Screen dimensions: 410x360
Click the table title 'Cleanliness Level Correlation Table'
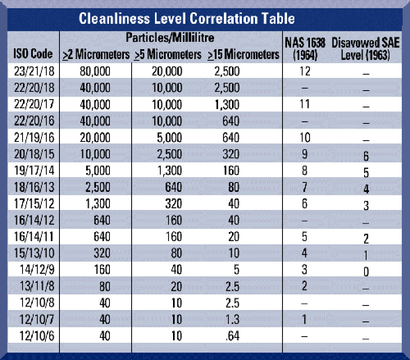pos(187,18)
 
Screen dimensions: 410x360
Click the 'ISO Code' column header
pos(33,54)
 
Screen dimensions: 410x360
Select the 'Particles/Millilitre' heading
pos(170,38)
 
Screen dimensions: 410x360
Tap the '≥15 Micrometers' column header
pos(244,55)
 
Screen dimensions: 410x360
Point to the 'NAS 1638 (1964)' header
pos(305,49)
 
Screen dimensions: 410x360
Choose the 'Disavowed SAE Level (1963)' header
pos(366,49)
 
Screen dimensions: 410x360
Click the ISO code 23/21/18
pos(34,71)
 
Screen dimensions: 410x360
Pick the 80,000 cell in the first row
pos(95,71)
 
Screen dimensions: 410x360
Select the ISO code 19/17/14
pos(34,171)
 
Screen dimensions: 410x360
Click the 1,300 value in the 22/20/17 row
pos(227,105)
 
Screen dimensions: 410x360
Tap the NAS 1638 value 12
pos(305,71)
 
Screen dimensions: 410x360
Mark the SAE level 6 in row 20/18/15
pos(366,156)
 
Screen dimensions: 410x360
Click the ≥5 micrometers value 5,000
pos(169,137)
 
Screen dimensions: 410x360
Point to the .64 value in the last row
pos(232,336)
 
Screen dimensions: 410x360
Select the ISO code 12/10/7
pos(37,319)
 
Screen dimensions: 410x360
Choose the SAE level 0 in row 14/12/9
pos(366,272)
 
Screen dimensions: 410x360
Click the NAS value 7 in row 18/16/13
pos(305,187)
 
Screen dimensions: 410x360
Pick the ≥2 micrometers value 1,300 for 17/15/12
pos(98,204)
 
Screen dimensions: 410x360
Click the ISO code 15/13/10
pos(34,253)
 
